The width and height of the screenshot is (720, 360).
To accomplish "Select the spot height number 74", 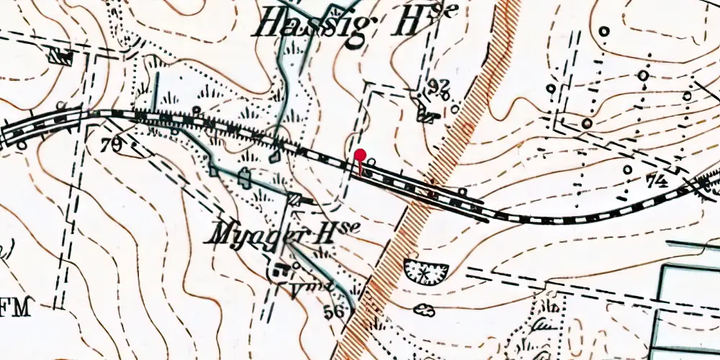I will tap(656, 181).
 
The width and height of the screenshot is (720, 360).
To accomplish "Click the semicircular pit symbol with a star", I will tap(426, 271).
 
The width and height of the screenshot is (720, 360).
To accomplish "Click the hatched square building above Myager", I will tap(294, 199).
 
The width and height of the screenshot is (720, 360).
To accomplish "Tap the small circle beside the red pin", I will tap(371, 163).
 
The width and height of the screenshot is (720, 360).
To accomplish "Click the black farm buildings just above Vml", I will tap(280, 270).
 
